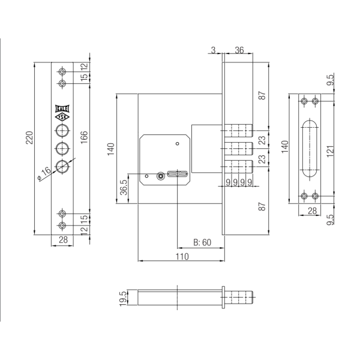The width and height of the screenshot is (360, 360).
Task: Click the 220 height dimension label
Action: click(x=29, y=137)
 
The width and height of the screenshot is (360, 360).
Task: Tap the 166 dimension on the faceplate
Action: click(x=84, y=137)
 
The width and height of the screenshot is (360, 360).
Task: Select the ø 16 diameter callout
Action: click(x=44, y=174)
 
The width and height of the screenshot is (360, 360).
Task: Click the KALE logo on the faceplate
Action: click(x=62, y=109)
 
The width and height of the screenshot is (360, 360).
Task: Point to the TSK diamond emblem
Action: click(x=62, y=117)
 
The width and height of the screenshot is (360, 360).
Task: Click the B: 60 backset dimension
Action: click(x=202, y=242)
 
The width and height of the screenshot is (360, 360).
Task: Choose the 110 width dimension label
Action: click(x=182, y=256)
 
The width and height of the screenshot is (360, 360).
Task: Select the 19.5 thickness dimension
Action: click(x=123, y=298)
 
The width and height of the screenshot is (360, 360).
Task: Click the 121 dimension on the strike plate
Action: click(x=329, y=151)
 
